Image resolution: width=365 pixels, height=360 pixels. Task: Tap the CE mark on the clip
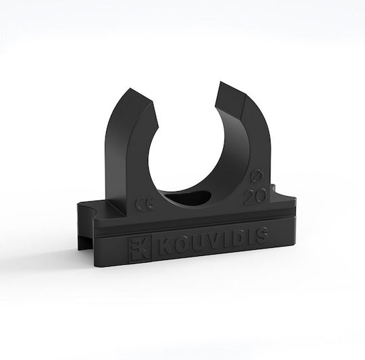point(145,205)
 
